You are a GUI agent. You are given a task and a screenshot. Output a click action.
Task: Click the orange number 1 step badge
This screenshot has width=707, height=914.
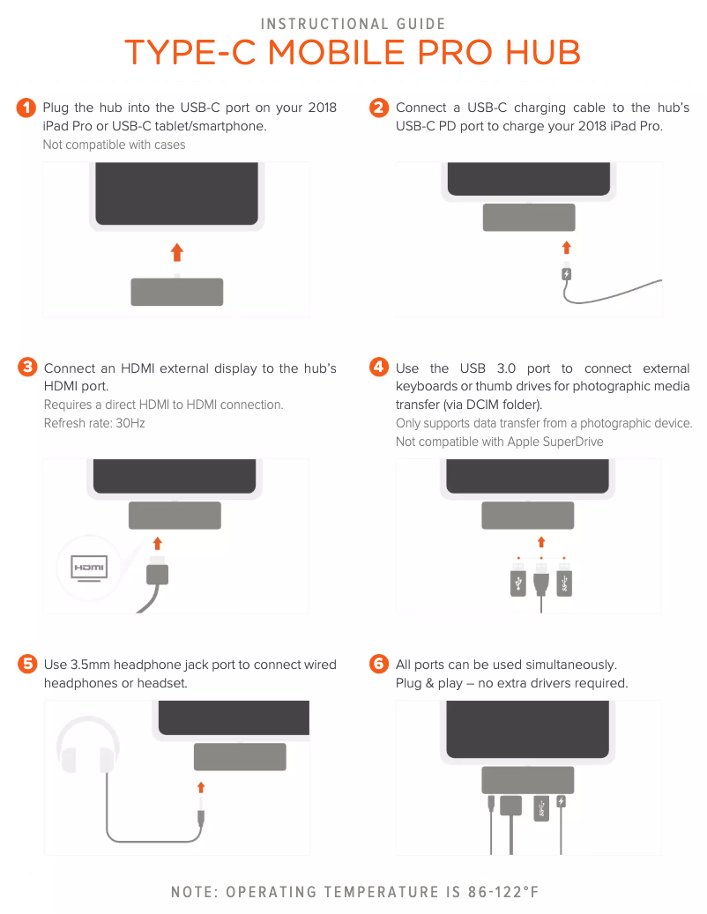pos(26,108)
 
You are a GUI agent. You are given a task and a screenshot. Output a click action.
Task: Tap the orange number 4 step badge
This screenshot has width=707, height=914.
pos(379,367)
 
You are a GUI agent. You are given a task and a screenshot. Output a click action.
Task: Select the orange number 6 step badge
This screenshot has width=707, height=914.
pos(379,664)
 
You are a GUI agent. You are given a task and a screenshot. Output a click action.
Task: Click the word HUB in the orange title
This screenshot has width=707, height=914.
pos(543,53)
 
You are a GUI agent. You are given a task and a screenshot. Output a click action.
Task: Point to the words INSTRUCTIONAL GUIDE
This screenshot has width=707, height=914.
pos(353,24)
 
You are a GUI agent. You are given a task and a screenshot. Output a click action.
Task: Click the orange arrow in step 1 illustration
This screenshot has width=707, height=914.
pos(177,252)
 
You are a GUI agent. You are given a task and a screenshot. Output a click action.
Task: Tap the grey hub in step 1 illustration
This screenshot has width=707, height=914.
pos(176,292)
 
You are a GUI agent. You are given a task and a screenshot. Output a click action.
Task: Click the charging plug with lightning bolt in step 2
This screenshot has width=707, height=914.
pos(566,273)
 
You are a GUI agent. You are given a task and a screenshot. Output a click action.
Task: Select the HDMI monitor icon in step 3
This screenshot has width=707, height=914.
pos(89,568)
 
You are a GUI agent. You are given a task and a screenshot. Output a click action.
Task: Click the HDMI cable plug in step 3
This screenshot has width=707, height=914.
pos(158,572)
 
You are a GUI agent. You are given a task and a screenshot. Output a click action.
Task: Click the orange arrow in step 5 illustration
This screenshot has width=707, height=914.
pos(201,788)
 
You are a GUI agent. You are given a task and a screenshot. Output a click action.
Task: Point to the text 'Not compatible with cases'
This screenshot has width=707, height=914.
pos(115,145)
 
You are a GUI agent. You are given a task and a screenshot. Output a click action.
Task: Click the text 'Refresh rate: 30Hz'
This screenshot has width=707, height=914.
pos(94,423)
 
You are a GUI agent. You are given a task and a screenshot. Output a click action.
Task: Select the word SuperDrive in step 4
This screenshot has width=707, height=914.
pos(573,442)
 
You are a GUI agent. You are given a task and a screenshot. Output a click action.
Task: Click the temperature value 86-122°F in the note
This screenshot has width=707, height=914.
pos(503,892)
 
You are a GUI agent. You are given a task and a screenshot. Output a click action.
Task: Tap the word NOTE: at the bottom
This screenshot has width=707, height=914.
pos(195,892)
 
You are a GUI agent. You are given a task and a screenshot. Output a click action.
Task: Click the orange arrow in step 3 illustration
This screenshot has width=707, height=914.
pos(158,544)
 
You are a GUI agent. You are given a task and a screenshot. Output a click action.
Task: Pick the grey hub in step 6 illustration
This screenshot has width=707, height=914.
pos(527,780)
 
